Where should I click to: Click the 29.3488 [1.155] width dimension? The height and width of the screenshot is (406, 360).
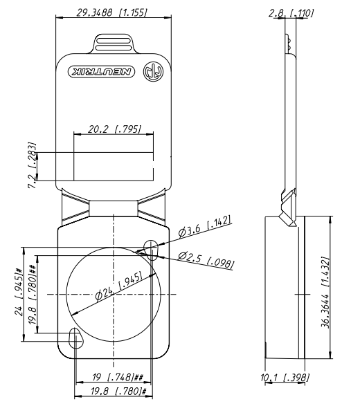(111, 12)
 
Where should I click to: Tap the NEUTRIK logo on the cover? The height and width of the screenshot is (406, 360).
(101, 71)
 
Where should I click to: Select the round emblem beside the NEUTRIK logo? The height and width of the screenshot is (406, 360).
(153, 71)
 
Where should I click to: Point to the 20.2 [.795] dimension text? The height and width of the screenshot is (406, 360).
(115, 129)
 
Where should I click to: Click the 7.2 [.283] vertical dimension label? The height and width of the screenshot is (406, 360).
(32, 165)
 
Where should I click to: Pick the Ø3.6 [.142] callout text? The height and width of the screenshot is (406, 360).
(204, 226)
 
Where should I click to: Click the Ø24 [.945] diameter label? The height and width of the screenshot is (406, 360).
(118, 286)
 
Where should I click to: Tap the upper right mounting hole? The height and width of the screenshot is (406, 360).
(151, 250)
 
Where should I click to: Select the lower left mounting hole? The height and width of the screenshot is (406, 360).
(76, 338)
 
